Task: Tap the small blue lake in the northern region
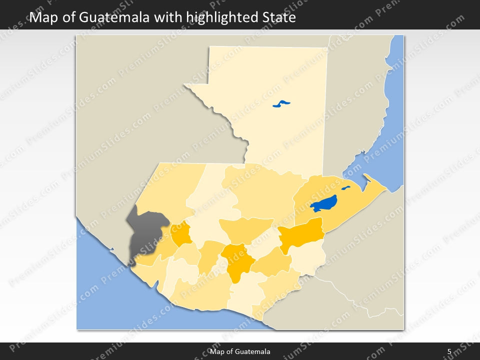point(281,104)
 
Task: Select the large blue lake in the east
point(323,203)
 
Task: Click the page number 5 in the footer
point(449,352)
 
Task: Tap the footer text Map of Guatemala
point(240,352)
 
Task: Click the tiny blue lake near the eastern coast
point(346,188)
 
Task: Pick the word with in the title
point(167,18)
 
